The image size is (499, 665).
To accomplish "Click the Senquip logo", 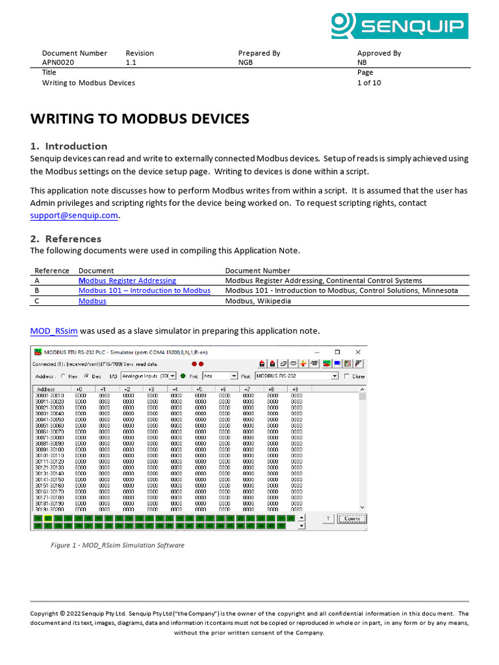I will pyautogui.click(x=399, y=26).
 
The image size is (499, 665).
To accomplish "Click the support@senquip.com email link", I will pyautogui.click(x=75, y=216).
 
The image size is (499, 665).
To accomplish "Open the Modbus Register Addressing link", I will pyautogui.click(x=127, y=281).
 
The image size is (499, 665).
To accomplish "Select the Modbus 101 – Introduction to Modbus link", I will pyautogui.click(x=144, y=291).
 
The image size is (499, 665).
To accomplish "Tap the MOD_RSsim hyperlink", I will pyautogui.click(x=54, y=331).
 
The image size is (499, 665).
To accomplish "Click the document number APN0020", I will pyautogui.click(x=58, y=63).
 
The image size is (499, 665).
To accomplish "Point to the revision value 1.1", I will pyautogui.click(x=131, y=63).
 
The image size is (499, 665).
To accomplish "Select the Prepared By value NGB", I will pyautogui.click(x=246, y=63).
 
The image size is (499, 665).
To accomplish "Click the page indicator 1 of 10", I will pyautogui.click(x=369, y=83).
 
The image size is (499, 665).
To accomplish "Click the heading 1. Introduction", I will pyautogui.click(x=69, y=146).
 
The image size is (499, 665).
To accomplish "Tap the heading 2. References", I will pyautogui.click(x=66, y=238).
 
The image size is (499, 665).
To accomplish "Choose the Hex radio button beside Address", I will pyautogui.click(x=64, y=376).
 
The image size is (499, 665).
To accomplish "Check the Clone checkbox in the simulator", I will pyautogui.click(x=346, y=376).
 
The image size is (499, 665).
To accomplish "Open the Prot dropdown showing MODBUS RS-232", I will pyautogui.click(x=335, y=376).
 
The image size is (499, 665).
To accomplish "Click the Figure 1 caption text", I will pyautogui.click(x=118, y=546).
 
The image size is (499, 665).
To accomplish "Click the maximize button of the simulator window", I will pyautogui.click(x=338, y=352).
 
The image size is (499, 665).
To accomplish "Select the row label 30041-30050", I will pyautogui.click(x=49, y=420).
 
